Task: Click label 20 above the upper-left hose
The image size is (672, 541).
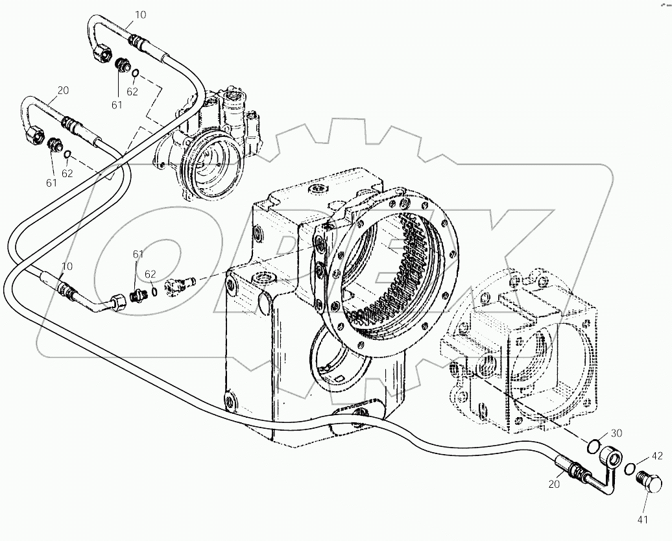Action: pyautogui.click(x=62, y=91)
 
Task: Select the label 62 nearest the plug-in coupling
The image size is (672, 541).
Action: pyautogui.click(x=150, y=274)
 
